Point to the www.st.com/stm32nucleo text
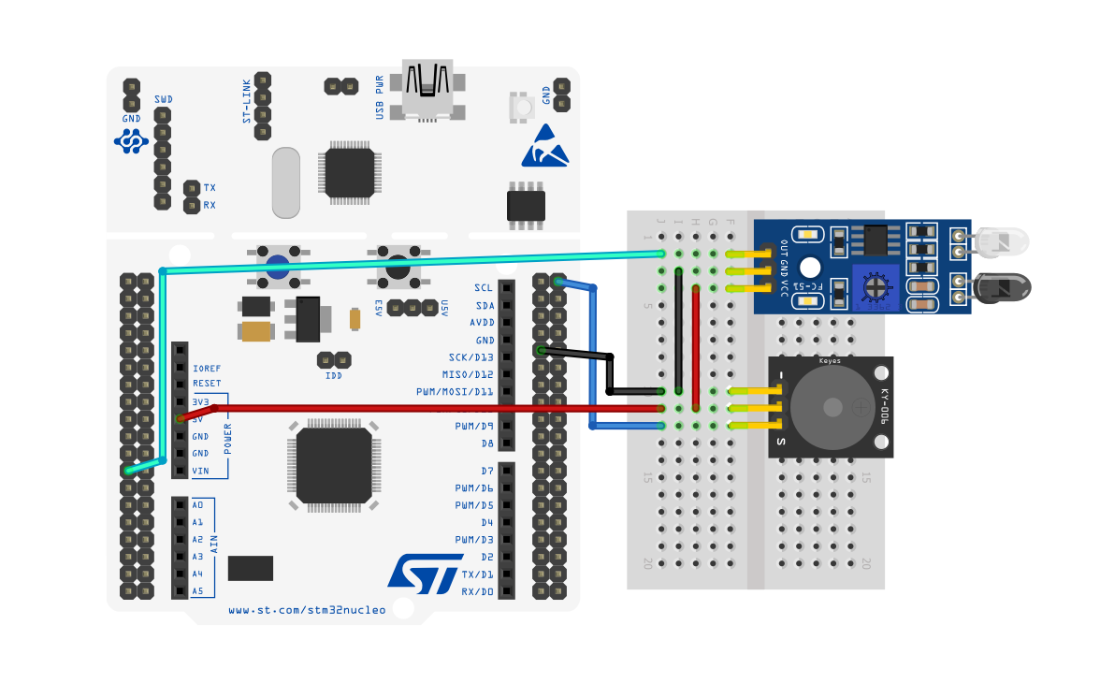point(307,610)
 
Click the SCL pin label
point(483,288)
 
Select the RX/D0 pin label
point(477,591)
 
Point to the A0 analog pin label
point(197,505)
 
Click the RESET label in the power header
point(207,384)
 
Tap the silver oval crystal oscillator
point(286,182)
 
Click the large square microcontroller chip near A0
point(334,465)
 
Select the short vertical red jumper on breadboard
point(696,349)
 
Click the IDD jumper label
point(333,375)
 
